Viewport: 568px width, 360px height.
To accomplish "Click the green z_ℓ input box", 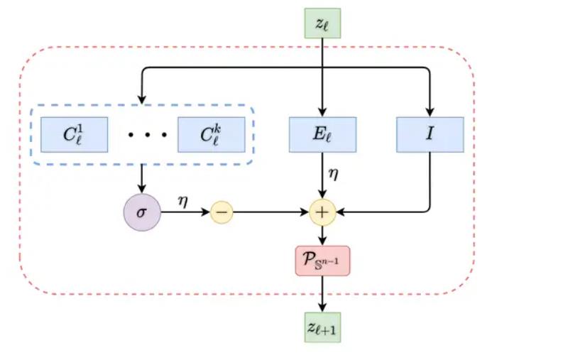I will (323, 23).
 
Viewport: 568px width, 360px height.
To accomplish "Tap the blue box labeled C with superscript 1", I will (75, 135).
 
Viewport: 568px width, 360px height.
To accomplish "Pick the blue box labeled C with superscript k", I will (211, 135).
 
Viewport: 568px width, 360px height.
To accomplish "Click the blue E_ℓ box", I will (323, 135).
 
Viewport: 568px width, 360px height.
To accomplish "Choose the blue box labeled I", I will (430, 135).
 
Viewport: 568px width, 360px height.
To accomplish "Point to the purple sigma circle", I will (142, 212).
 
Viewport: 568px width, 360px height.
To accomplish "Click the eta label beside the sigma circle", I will (182, 201).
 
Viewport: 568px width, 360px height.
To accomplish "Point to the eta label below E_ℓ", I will (333, 173).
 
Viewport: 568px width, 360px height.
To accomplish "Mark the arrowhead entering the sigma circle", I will (142, 190).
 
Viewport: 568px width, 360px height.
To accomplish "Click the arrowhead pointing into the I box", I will (430, 112).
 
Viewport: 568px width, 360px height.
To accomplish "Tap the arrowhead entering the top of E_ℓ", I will (323, 112).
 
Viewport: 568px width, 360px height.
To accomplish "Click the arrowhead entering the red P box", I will (323, 242).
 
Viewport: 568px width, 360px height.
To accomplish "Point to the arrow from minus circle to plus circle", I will (270, 212).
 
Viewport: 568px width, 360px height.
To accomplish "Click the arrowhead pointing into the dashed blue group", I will (142, 99).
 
